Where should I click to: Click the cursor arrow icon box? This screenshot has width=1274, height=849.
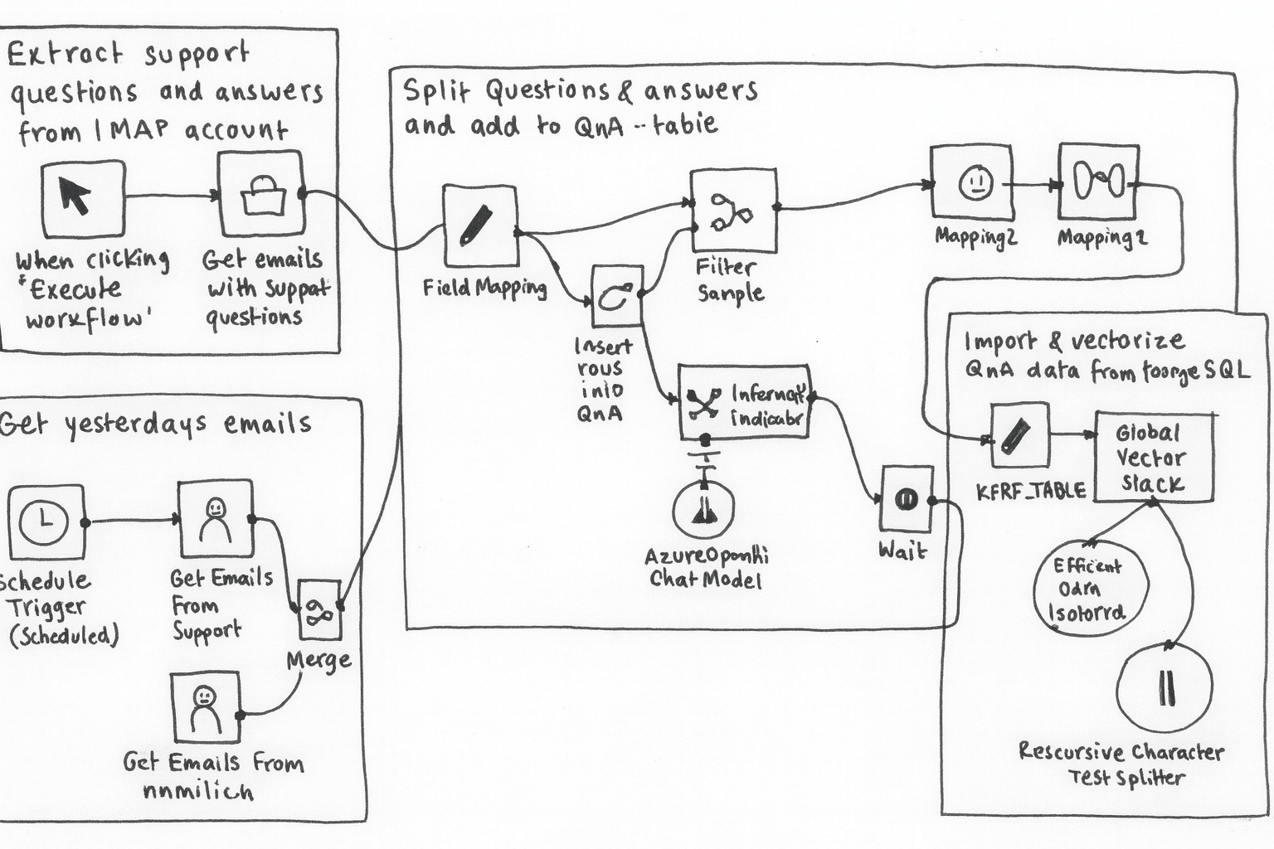tap(83, 199)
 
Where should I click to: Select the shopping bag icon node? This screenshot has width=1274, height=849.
tap(261, 194)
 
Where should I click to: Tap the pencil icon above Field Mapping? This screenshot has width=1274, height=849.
tap(479, 226)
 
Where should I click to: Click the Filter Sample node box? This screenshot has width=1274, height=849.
tap(734, 211)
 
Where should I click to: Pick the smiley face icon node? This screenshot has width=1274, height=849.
tap(971, 182)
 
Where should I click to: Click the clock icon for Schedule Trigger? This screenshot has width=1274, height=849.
tap(46, 522)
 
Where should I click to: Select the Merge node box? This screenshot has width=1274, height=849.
tap(319, 609)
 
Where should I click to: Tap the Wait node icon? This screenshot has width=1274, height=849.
tap(906, 498)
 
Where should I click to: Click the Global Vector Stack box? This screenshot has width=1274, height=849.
tap(1154, 457)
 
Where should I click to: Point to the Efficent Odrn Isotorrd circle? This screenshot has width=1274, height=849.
tap(1090, 589)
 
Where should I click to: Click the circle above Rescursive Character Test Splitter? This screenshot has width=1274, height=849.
tap(1165, 687)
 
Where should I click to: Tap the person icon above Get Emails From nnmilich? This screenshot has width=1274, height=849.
tap(206, 706)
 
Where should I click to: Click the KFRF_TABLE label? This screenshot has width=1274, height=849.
tap(1031, 490)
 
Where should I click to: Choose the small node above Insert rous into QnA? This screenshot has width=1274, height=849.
tap(617, 296)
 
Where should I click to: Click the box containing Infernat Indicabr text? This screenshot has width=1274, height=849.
tap(744, 402)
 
